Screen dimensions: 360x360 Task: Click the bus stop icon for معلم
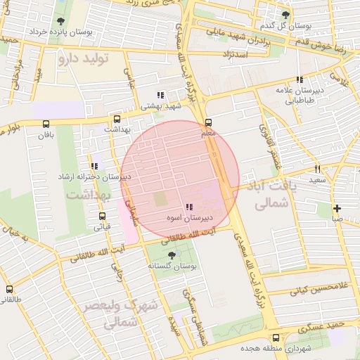pos(208,122)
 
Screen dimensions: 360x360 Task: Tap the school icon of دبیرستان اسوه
pos(188,207)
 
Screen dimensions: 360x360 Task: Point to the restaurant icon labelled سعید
pos(318,169)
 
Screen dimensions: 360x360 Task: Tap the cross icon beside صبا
pos(338,208)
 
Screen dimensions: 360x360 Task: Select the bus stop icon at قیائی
pos(103,216)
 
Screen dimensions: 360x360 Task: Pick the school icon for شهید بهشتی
pos(160,95)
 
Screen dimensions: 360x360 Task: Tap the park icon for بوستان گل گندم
pos(285,15)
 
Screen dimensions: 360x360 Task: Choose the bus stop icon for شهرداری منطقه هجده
pos(276,337)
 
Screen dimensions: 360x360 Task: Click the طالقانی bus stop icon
pos(9,289)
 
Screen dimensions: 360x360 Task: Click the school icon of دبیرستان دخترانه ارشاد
pos(94,166)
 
